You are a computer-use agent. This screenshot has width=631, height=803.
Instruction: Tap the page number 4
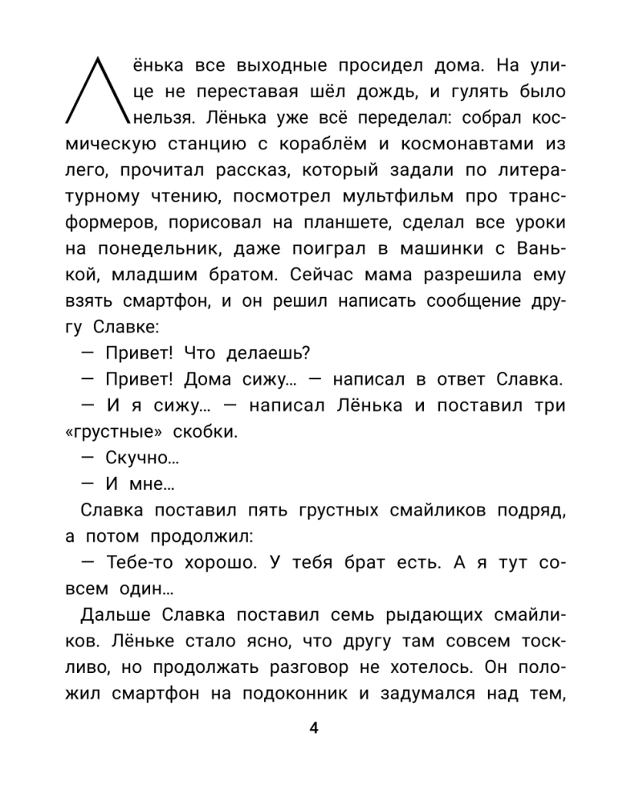pos(314,729)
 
